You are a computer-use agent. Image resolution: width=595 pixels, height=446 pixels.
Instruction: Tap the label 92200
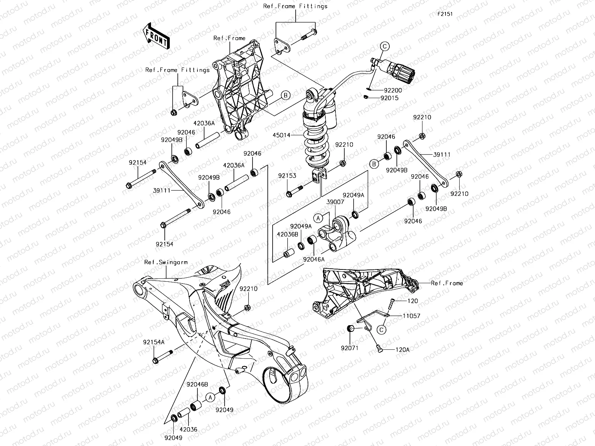[x=393, y=90]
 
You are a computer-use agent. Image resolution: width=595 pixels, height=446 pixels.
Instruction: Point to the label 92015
[x=389, y=98]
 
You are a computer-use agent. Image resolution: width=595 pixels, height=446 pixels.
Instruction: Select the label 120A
[x=402, y=350]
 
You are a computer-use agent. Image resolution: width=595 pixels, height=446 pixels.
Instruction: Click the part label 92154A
[x=154, y=342]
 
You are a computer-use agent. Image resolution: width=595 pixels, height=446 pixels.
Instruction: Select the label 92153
[x=287, y=176]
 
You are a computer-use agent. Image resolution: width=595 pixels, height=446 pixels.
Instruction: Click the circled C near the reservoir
[x=385, y=46]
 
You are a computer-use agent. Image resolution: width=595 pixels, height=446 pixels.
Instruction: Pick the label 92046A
[x=313, y=259]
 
